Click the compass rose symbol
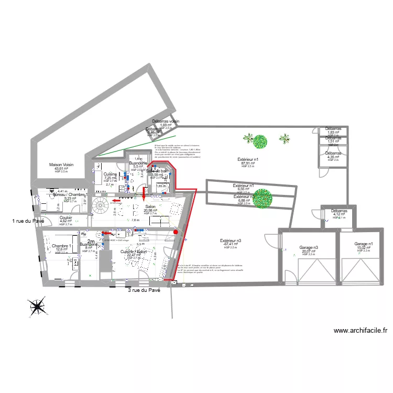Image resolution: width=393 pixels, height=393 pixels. coord(36,307)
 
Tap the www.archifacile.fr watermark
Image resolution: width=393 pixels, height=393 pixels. coord(360,331)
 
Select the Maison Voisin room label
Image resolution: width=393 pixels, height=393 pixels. coord(61,164)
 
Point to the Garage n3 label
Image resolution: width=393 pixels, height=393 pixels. coord(309,247)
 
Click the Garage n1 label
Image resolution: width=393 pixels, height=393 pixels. coord(364,244)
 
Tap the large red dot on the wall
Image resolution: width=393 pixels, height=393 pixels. coord(176,232)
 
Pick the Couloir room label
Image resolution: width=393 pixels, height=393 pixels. coord(65,217)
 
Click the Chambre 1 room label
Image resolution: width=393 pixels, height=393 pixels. coord(61,246)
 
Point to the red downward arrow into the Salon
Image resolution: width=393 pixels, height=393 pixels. coord(144,195)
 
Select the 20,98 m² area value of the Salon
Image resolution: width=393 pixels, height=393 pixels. coord(150,211)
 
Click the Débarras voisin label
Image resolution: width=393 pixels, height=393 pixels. coord(166,122)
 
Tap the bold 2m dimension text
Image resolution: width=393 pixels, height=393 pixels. coord(91,242)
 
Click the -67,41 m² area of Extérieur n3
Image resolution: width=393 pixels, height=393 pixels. coord(231,244)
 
